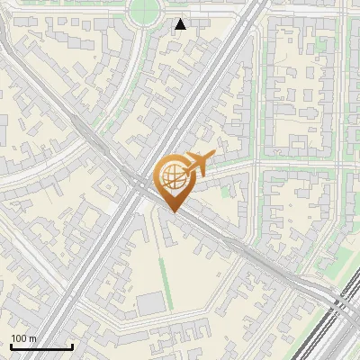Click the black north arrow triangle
coord(181,24)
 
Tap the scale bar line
coord(41,346)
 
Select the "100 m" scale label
coord(23,338)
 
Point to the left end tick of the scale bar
coord(11,345)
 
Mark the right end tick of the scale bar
coord(72,345)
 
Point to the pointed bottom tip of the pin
coord(173,211)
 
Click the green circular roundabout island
coord(144,11)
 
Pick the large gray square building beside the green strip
coord(151,304)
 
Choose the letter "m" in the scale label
coord(32,338)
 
